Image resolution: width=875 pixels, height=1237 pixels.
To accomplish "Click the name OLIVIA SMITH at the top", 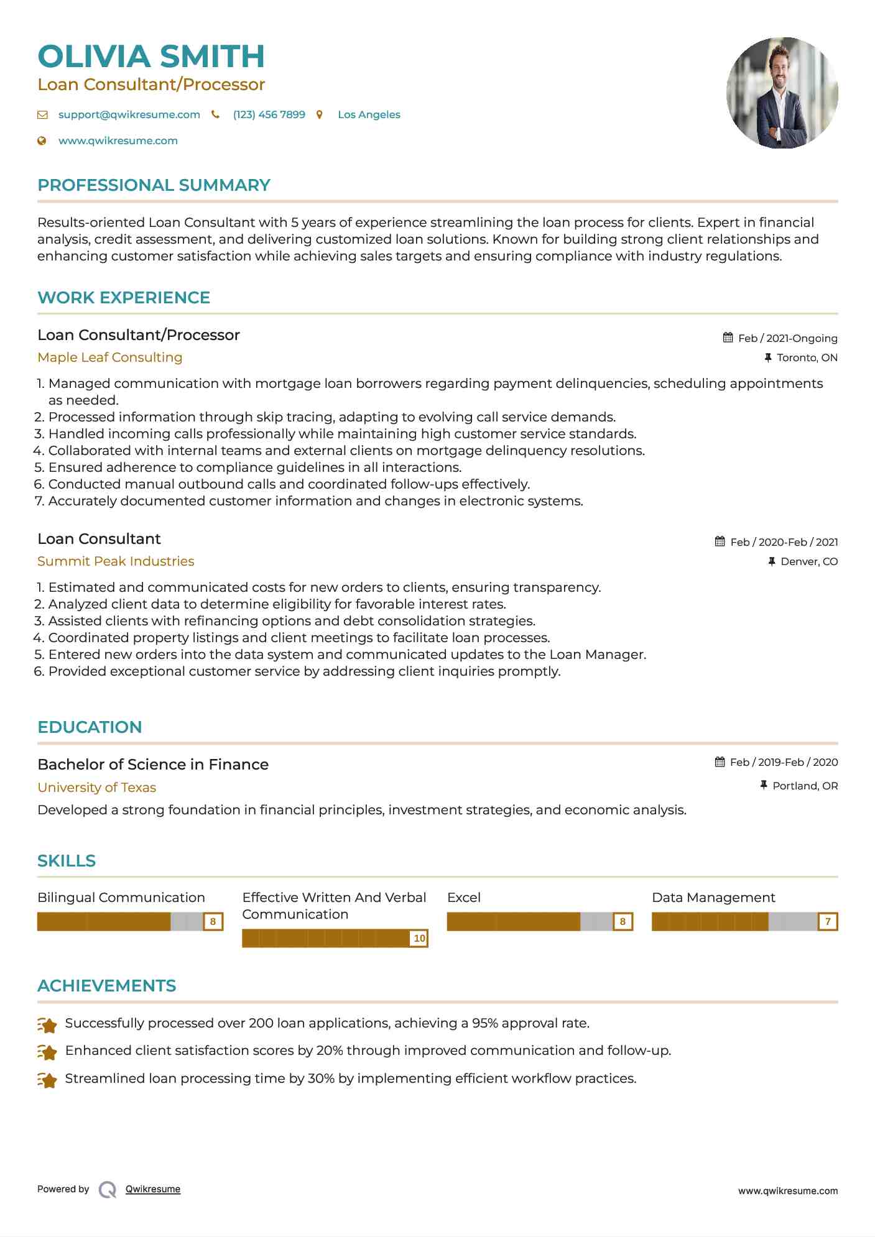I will click(151, 56).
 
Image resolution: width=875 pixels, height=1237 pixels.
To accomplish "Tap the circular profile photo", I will click(782, 93).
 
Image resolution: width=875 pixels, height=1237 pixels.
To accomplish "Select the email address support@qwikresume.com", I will click(129, 114).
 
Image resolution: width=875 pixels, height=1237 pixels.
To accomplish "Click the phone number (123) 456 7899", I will click(269, 114).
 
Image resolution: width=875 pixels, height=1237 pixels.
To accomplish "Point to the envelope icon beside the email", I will click(42, 114).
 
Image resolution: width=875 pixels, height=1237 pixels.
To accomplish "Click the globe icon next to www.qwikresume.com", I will click(42, 140).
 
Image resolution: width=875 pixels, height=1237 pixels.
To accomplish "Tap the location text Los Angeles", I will click(369, 114).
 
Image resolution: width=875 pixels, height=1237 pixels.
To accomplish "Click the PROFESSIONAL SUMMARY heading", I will click(154, 185).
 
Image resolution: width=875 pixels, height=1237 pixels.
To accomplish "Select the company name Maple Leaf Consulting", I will click(109, 357).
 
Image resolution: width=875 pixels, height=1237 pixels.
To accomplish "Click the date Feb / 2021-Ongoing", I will click(787, 338).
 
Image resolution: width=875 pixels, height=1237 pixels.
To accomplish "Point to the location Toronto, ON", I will click(807, 357).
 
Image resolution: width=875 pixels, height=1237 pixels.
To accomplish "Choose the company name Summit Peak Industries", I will click(116, 561).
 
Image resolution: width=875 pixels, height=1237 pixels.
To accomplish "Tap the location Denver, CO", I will click(808, 561).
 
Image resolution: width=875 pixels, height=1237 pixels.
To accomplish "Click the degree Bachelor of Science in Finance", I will click(153, 765).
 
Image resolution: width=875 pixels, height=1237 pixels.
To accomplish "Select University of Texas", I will click(96, 788).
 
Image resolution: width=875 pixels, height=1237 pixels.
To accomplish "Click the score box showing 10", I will click(419, 938).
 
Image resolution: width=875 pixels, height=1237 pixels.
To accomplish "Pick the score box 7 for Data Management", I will click(828, 921).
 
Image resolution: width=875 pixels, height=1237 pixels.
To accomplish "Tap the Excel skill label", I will click(464, 898).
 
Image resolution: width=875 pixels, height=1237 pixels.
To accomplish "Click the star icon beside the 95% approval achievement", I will click(47, 1024).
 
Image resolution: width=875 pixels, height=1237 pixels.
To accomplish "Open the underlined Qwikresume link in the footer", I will click(153, 1189).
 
